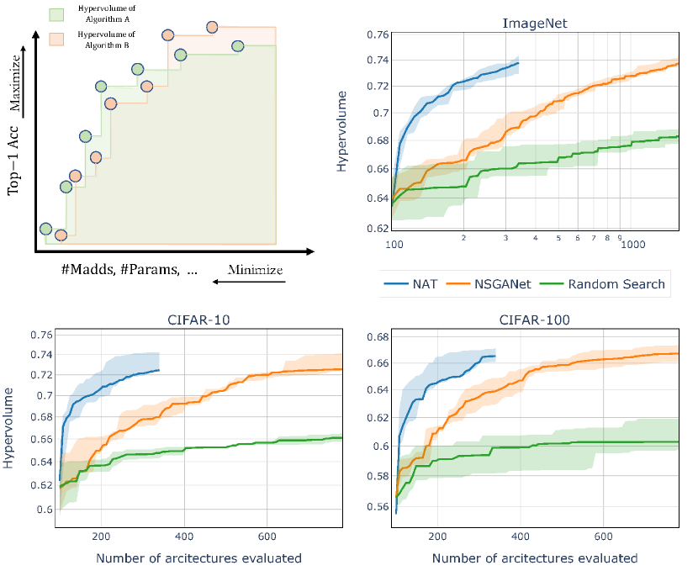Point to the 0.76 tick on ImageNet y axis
[x=378, y=34]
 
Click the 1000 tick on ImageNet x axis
[x=632, y=244]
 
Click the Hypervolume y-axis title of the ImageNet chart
[x=341, y=133]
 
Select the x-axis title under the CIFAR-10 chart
[x=199, y=558]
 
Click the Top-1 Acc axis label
[x=13, y=165]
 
